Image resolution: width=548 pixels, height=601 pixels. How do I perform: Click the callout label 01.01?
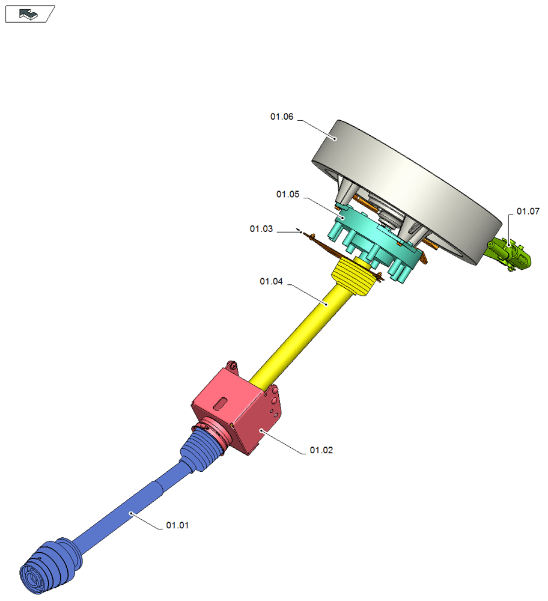click(177, 525)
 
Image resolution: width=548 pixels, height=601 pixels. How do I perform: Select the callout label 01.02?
click(321, 450)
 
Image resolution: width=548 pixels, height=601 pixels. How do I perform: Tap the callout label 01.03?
click(261, 229)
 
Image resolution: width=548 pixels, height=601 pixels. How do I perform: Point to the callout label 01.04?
click(272, 281)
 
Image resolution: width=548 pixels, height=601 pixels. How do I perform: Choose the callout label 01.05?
click(288, 194)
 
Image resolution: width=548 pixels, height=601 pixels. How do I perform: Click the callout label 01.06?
click(282, 117)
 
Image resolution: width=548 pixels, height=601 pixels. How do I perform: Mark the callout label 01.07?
click(528, 211)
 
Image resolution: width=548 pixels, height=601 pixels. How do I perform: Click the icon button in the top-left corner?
click(30, 14)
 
